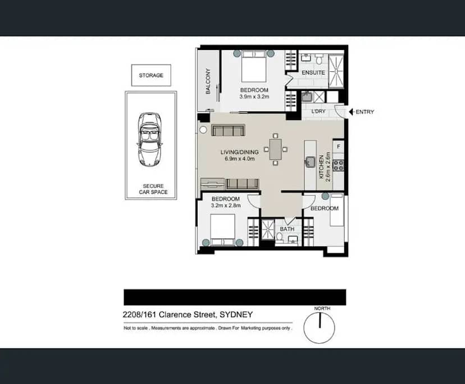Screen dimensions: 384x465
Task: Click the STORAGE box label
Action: (151, 75)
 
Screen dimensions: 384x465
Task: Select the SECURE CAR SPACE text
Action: (153, 189)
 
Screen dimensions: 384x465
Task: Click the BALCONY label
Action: (208, 81)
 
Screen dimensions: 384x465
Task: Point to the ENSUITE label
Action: (313, 73)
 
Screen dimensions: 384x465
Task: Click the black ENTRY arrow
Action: (352, 112)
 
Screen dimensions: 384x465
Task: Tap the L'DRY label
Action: (318, 112)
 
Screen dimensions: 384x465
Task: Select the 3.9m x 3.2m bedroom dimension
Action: (254, 97)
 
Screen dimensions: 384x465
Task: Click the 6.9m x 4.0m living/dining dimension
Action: (240, 159)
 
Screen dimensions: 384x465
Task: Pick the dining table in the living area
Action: (276, 149)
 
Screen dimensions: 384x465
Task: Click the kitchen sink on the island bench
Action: (310, 162)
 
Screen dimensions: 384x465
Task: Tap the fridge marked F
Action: (338, 147)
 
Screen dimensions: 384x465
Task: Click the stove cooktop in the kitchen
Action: (339, 165)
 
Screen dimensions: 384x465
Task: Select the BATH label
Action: (287, 229)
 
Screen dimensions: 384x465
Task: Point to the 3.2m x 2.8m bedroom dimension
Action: (225, 206)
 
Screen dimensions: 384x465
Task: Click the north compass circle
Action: (319, 327)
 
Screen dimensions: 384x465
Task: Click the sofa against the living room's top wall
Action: (227, 131)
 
